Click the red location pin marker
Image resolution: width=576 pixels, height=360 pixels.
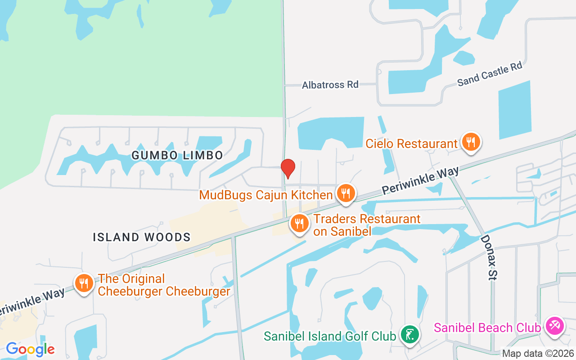288,168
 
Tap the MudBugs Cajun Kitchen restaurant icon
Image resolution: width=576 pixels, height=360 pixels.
345,193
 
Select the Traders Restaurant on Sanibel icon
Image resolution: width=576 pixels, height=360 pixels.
298,223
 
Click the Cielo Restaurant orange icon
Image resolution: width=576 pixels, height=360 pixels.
471,142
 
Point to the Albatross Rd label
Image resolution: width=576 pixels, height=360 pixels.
330,85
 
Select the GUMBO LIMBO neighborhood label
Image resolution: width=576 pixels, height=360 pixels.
177,156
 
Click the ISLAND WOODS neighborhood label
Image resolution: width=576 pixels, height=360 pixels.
142,237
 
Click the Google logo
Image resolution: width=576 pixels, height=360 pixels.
30,349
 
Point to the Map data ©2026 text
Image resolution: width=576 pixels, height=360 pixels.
538,354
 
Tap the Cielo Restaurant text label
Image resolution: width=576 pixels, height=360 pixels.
411,144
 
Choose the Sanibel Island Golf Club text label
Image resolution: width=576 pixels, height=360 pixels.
330,336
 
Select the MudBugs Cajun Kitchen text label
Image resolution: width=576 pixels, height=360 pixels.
266,195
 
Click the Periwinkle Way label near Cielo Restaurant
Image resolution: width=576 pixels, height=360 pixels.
420,181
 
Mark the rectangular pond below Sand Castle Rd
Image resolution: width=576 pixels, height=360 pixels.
514,110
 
